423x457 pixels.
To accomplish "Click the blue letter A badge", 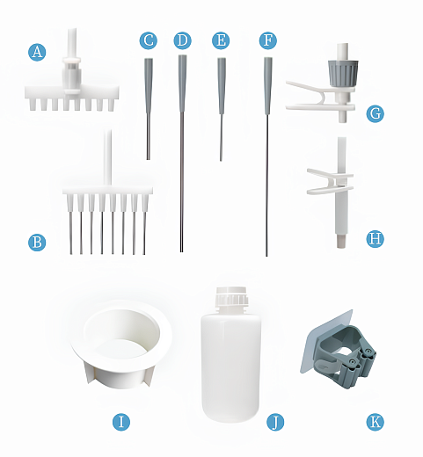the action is (37, 52).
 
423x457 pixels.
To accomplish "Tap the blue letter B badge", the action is (37, 243).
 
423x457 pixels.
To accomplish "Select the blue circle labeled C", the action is (149, 40).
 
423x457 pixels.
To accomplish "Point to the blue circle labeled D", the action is (182, 40).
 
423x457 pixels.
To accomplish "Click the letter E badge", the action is (221, 40).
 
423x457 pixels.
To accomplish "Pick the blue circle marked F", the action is (268, 40).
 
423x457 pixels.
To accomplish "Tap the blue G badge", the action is (376, 113).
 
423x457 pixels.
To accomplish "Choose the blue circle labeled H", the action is (376, 239).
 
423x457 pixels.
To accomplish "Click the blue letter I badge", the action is (121, 422).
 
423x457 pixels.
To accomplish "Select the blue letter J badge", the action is (275, 422).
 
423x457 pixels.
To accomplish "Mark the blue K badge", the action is (376, 422).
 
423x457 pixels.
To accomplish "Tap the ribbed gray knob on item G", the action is (343, 73).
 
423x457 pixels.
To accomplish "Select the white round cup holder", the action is (122, 344).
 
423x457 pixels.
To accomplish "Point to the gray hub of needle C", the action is (149, 85).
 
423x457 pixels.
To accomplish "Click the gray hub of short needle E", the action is (222, 85).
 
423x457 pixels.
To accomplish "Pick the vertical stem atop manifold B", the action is (107, 158).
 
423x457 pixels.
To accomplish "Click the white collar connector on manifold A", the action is (70, 75).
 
